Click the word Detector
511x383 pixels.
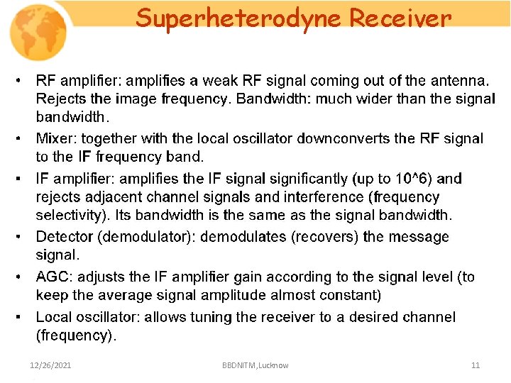pyautogui.click(x=66, y=236)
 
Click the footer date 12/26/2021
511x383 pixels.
pyautogui.click(x=50, y=365)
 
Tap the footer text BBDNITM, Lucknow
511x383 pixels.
pyautogui.click(x=255, y=365)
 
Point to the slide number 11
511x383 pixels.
pyautogui.click(x=476, y=365)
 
